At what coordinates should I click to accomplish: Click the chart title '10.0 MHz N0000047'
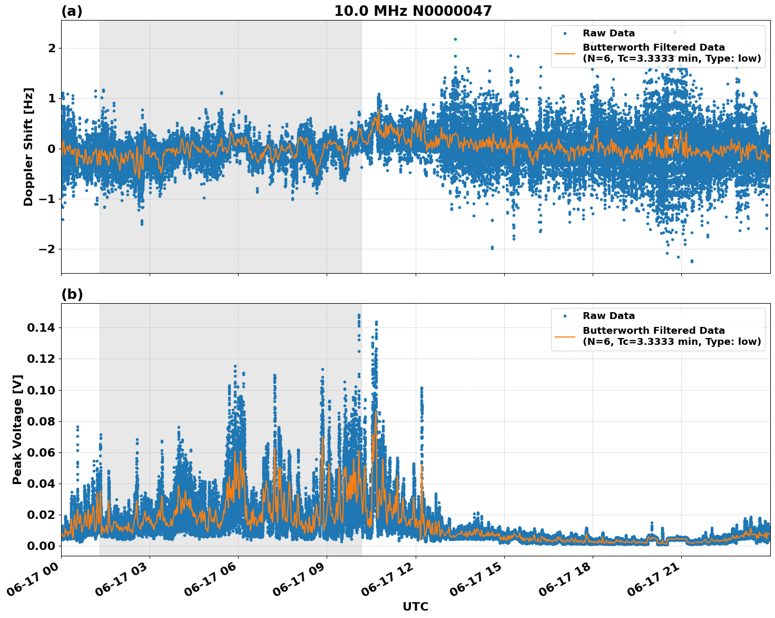point(413,11)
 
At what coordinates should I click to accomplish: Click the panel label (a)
point(72,11)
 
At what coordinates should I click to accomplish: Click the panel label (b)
point(72,294)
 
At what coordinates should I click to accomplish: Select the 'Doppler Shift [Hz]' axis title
point(28,147)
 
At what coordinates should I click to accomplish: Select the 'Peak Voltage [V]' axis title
point(17,430)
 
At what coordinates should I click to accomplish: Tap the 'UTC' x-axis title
point(415,606)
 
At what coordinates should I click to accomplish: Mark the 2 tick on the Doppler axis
point(52,49)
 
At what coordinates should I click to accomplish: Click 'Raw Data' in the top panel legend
point(609,33)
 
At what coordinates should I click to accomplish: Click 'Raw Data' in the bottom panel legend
point(609,316)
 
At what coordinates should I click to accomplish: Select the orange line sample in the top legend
point(565,53)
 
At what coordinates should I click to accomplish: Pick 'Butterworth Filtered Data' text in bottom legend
point(653,331)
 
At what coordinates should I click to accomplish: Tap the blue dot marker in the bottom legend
point(565,316)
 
